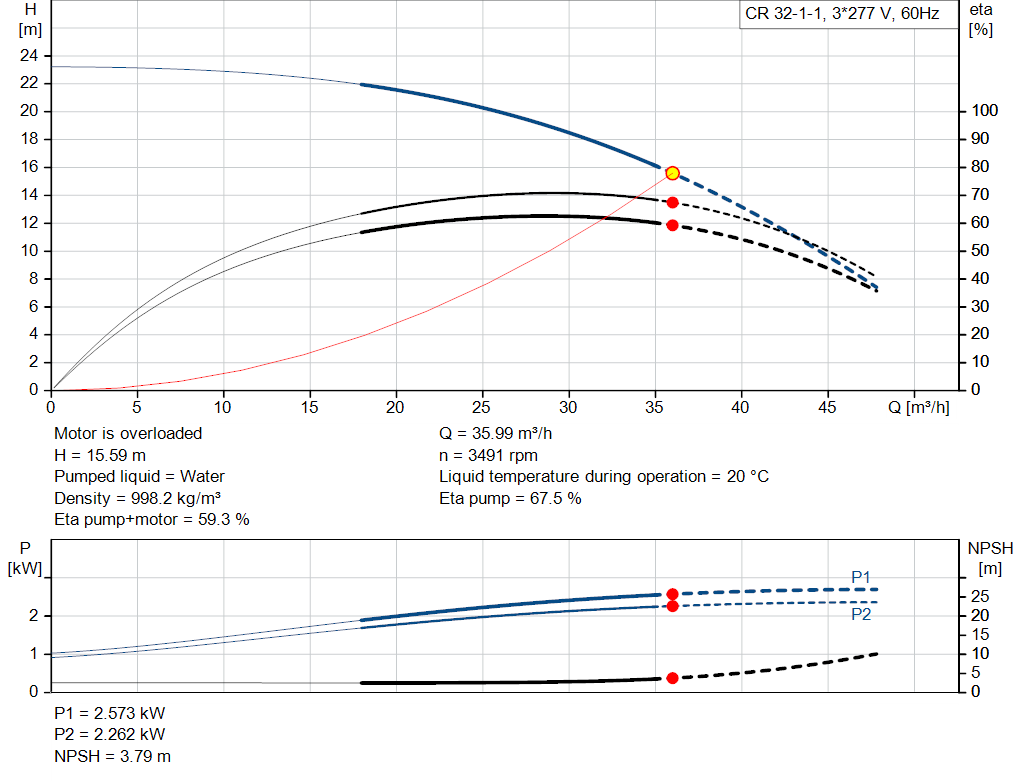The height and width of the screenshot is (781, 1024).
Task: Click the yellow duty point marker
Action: tap(672, 173)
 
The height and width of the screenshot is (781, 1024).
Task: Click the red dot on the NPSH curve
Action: tap(672, 678)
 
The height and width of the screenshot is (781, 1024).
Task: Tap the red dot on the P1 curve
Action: tap(672, 594)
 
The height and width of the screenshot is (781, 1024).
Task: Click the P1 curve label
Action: tap(861, 577)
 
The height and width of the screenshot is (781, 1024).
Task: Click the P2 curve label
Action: tap(861, 615)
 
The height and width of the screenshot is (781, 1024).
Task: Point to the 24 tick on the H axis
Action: tap(29, 55)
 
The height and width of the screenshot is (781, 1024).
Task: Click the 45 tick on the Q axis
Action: tap(826, 407)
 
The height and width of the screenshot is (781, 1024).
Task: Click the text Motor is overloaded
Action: tap(128, 434)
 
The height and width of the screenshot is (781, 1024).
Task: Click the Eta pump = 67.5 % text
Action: tap(510, 498)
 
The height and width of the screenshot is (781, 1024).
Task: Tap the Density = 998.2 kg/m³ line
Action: tap(138, 498)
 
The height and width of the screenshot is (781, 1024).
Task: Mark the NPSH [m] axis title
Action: tap(990, 558)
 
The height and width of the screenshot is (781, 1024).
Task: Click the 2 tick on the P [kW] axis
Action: tap(33, 616)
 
